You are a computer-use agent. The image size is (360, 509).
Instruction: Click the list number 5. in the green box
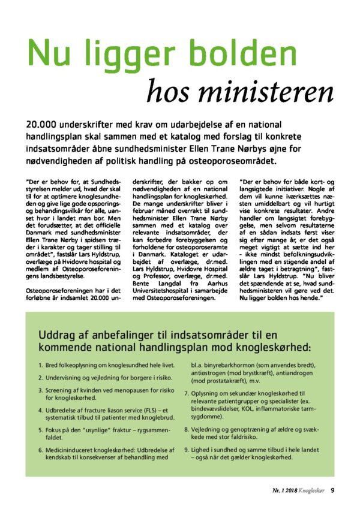tap(41, 430)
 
